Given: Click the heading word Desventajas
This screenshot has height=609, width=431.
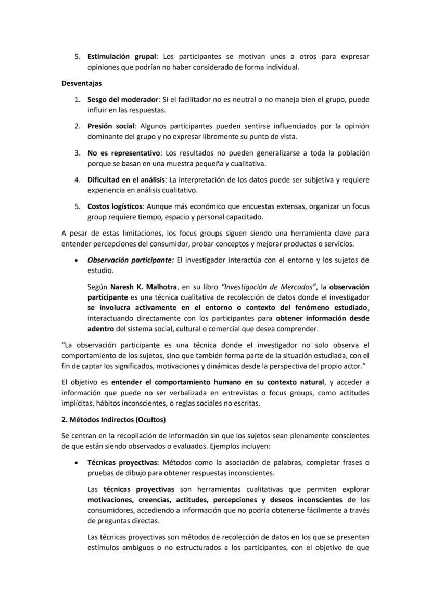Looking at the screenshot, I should [x=81, y=83].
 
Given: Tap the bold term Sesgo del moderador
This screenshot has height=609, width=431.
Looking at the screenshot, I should [x=122, y=99].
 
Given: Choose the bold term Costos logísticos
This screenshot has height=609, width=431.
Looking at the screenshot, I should [x=115, y=206].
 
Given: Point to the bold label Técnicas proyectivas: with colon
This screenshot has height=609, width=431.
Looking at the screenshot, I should [x=124, y=462].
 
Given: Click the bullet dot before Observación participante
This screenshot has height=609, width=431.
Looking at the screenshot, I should [x=77, y=260].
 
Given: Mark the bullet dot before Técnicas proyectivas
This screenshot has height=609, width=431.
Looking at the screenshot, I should [x=77, y=462].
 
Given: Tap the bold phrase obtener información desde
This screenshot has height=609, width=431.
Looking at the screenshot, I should [x=322, y=318].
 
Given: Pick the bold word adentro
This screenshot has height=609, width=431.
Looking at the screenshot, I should [x=100, y=329].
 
